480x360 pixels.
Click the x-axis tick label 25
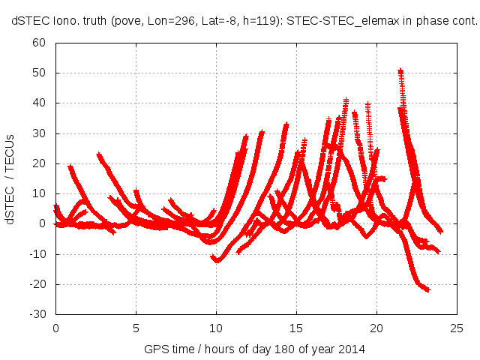tap(457, 328)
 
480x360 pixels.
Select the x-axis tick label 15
tap(296, 328)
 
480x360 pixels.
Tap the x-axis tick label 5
tap(136, 328)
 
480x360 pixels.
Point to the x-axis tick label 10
tap(216, 328)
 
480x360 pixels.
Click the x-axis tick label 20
tap(376, 328)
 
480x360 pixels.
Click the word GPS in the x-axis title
tap(154, 349)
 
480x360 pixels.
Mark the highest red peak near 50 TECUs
tap(400, 72)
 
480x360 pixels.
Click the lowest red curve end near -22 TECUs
tap(427, 289)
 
